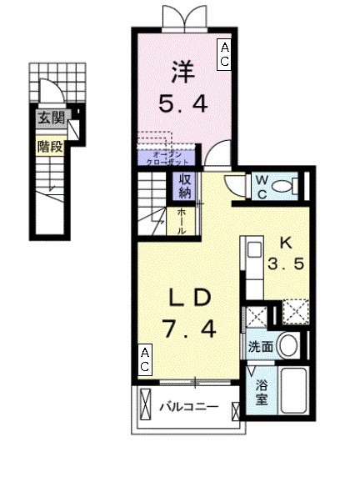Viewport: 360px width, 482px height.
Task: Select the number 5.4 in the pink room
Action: (181, 104)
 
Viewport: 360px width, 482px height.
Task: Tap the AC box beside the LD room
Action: (145, 359)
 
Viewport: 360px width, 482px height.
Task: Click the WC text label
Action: (261, 184)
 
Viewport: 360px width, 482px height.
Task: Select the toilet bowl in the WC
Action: (286, 186)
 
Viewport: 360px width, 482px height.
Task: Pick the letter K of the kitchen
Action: (285, 244)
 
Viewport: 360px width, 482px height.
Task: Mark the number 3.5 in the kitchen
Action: (285, 269)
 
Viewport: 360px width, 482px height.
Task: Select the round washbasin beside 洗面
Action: (288, 344)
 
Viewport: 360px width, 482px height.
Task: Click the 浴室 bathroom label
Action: (260, 392)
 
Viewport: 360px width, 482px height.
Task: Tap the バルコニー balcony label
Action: (189, 408)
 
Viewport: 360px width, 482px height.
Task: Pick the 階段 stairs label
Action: (49, 148)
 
